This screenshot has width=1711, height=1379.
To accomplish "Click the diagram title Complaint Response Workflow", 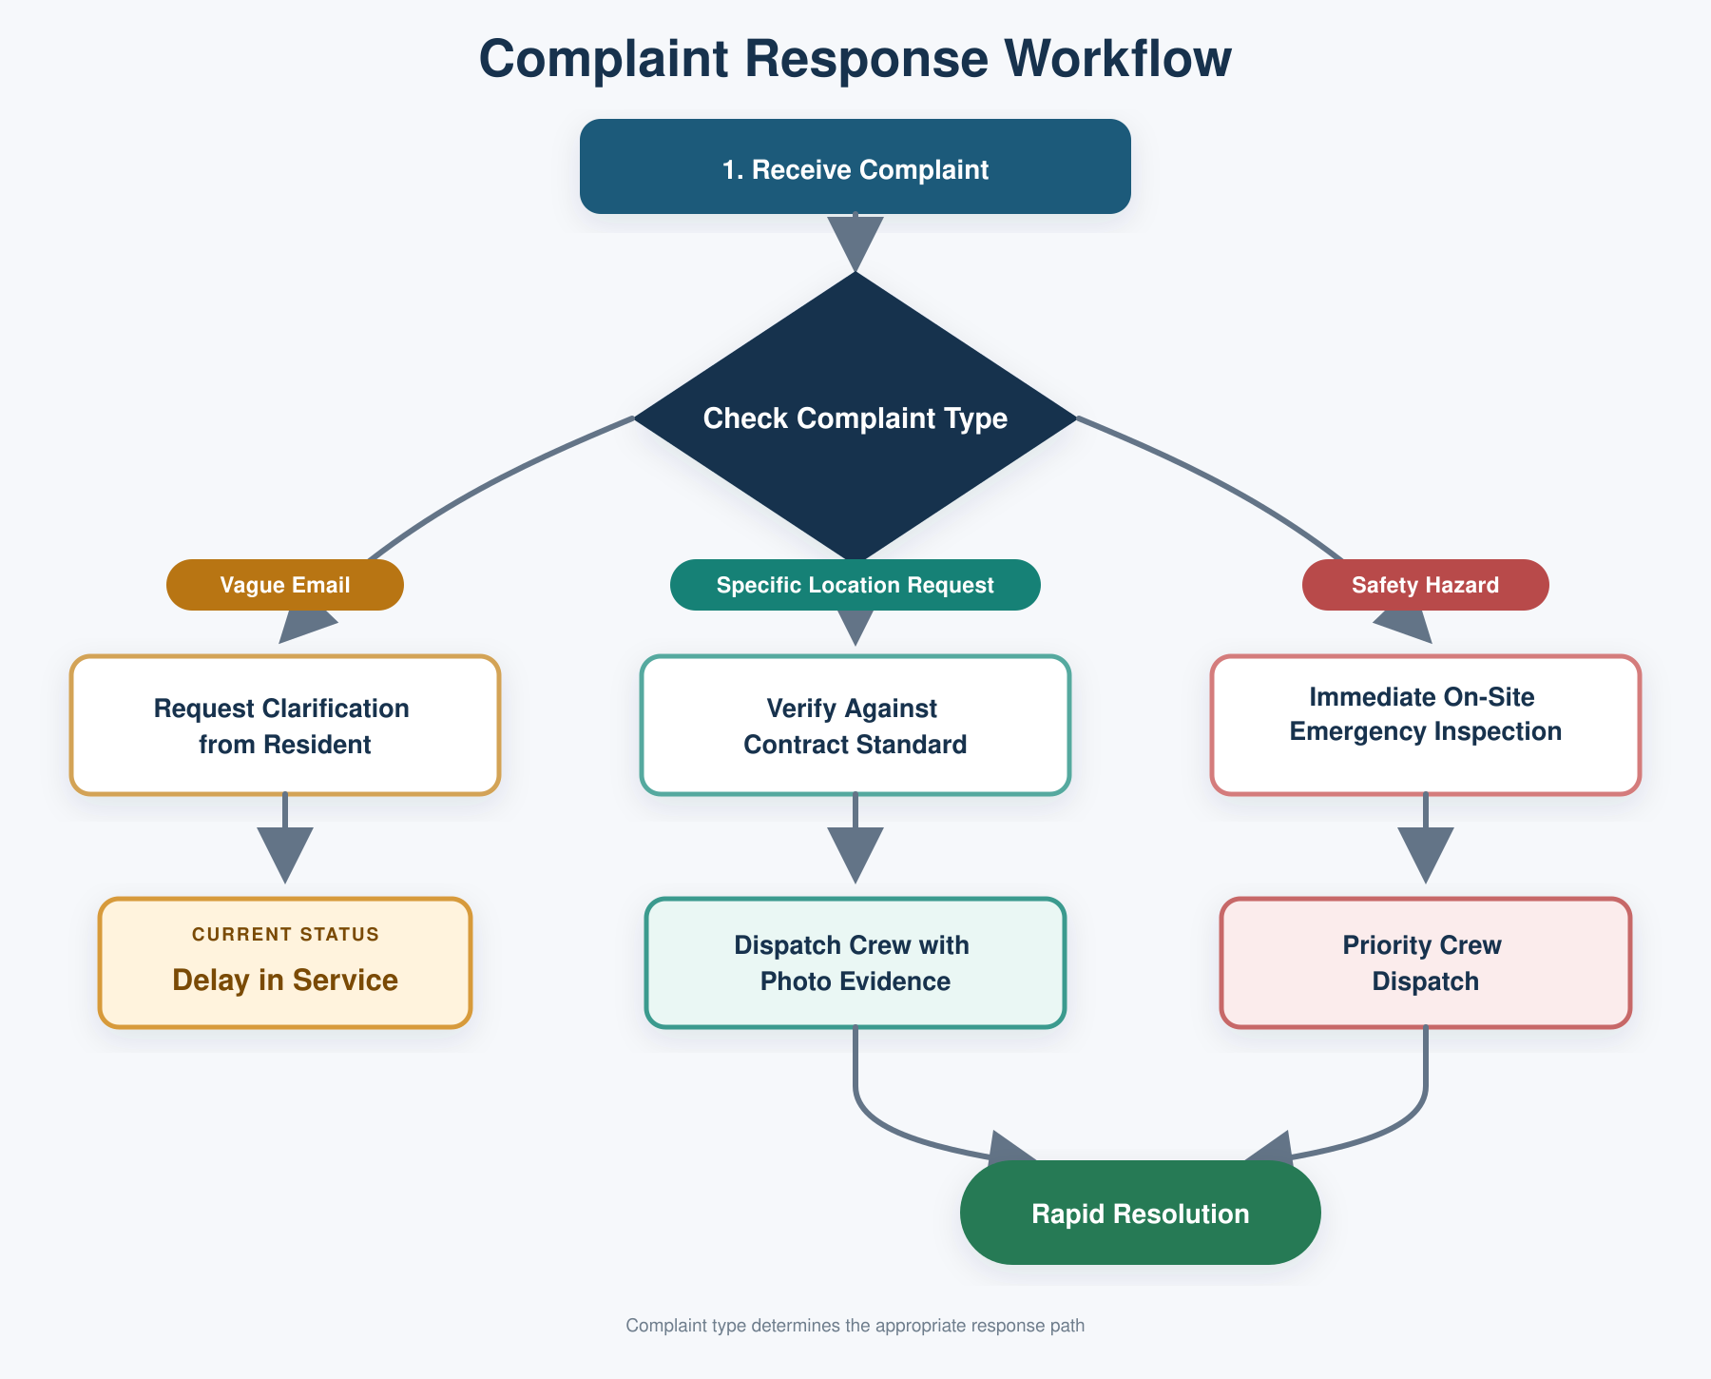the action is tap(855, 58).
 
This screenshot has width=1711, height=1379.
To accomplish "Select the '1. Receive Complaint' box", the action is tap(855, 166).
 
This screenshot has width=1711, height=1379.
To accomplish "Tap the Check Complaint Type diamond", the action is tap(855, 418).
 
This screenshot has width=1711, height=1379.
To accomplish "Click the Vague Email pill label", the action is tap(285, 585).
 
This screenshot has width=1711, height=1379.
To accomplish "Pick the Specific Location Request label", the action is tap(855, 585).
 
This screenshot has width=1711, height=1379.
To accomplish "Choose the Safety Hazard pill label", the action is tap(1426, 585).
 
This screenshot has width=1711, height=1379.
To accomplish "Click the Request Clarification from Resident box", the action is tap(285, 725).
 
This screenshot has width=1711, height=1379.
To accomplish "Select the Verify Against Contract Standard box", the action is tap(855, 725).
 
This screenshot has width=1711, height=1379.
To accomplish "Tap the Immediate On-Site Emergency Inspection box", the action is tap(1426, 725).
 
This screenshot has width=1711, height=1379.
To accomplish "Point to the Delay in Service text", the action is tap(285, 980).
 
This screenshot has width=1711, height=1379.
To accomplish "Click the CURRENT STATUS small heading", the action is tap(285, 934).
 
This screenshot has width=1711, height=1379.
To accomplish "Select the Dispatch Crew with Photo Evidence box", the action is tap(855, 962).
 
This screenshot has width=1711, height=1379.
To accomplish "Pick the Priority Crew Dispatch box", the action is tap(1426, 962).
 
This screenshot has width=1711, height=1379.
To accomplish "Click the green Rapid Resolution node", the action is tap(1141, 1213).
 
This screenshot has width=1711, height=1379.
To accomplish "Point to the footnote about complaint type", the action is tap(855, 1325).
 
